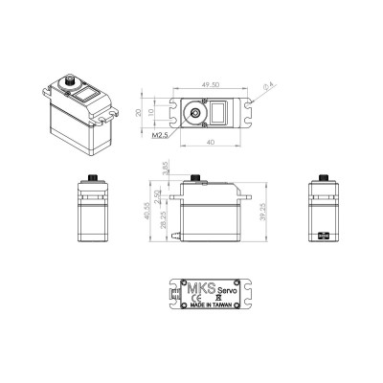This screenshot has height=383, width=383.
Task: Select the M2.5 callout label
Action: [x=161, y=136]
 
